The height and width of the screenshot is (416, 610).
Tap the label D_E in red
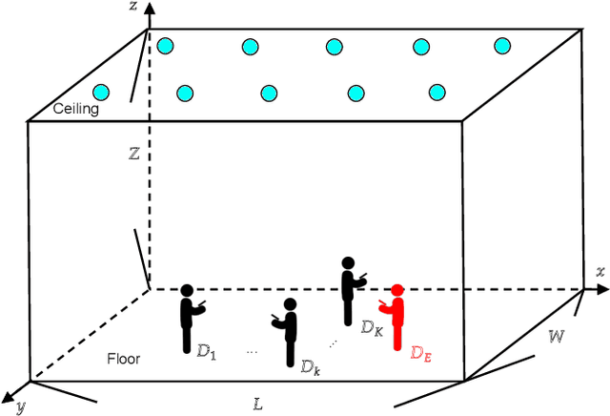(x=421, y=353)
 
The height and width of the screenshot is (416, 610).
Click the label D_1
(x=207, y=353)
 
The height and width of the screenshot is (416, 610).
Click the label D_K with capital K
(x=371, y=326)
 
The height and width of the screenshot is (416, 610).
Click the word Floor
(x=124, y=359)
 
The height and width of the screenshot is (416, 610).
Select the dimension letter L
(x=257, y=404)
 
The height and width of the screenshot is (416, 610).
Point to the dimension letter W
(x=557, y=337)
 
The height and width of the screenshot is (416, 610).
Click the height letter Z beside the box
(x=134, y=151)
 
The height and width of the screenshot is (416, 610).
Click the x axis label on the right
(x=600, y=272)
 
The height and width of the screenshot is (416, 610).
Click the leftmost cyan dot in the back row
(x=166, y=45)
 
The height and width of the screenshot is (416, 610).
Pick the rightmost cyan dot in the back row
(x=503, y=45)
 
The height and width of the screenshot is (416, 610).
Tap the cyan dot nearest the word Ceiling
(x=101, y=92)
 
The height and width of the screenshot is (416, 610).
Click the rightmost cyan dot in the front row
(x=437, y=93)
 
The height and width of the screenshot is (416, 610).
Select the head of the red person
(x=396, y=289)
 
